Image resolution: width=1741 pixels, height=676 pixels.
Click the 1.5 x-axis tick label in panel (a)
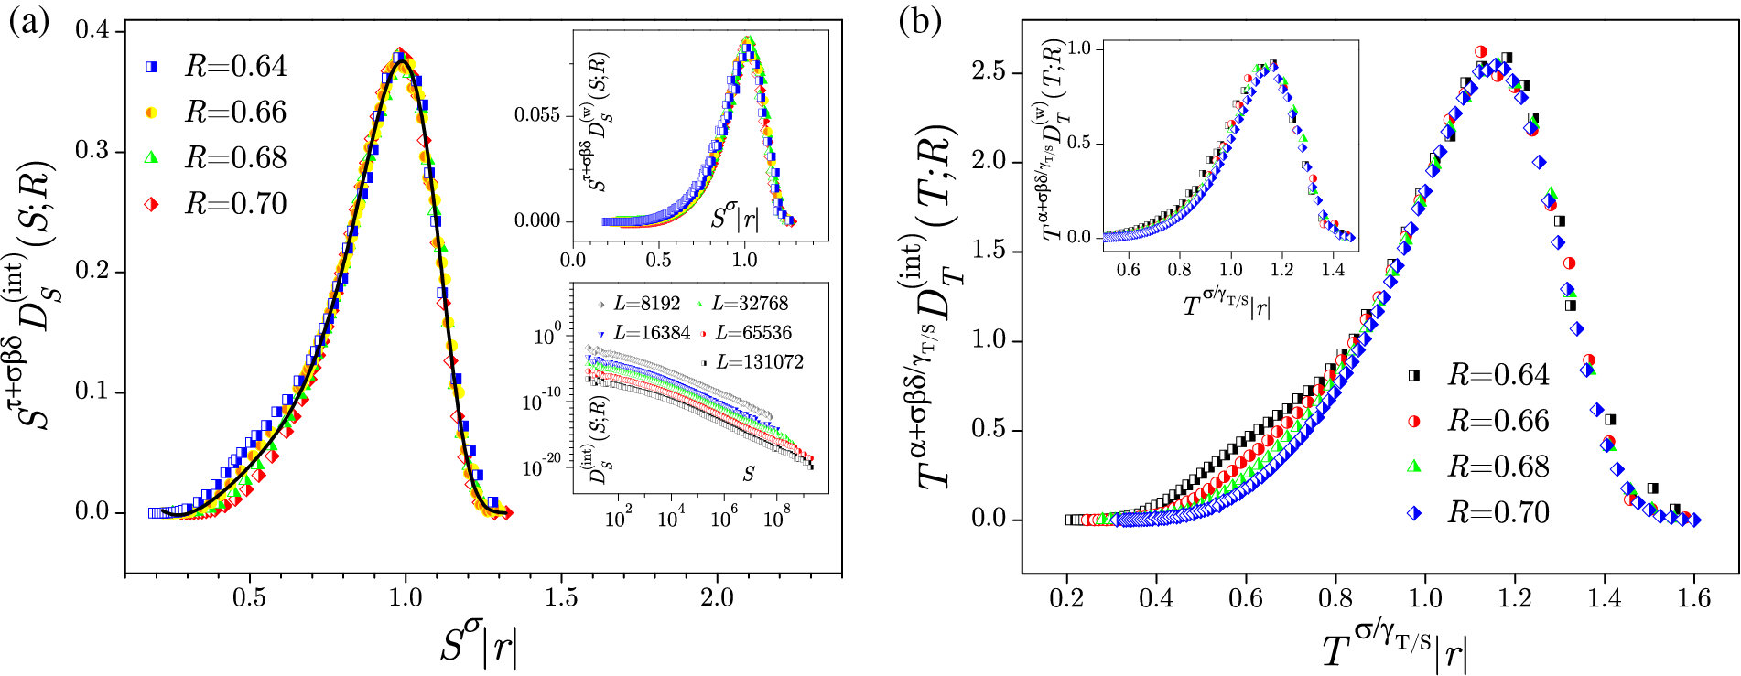tap(561, 597)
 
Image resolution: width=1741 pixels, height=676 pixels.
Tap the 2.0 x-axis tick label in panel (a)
tap(717, 597)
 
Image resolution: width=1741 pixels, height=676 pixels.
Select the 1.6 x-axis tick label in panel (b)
tap(1693, 597)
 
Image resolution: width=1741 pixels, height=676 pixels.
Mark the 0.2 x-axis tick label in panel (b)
tap(1067, 597)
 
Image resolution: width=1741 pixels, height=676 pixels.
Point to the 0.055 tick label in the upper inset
tap(536, 115)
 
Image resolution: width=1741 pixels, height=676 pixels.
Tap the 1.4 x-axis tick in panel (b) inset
tap(1333, 269)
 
